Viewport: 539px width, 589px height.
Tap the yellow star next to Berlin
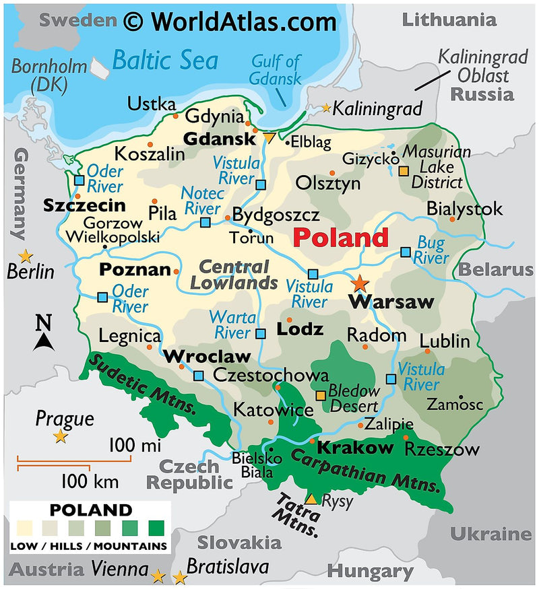click(x=26, y=256)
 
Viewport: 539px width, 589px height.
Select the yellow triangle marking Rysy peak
click(x=311, y=499)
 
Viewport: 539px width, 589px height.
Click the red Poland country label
click(x=341, y=238)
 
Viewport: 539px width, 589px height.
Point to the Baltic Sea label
click(x=164, y=61)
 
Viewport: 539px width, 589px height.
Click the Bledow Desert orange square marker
click(x=321, y=395)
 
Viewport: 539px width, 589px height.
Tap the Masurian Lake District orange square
click(x=403, y=171)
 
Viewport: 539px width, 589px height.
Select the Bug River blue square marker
click(x=405, y=252)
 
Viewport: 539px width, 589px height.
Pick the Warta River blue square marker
click(x=261, y=333)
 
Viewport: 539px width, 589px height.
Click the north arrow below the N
click(x=44, y=343)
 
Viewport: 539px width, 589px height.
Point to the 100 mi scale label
click(x=135, y=445)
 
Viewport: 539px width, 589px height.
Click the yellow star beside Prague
click(x=61, y=437)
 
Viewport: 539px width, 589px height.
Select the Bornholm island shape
click(x=100, y=67)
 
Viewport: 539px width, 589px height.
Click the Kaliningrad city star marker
click(x=327, y=108)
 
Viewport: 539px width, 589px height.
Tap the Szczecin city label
click(x=84, y=205)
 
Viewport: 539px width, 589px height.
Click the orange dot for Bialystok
click(x=452, y=219)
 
